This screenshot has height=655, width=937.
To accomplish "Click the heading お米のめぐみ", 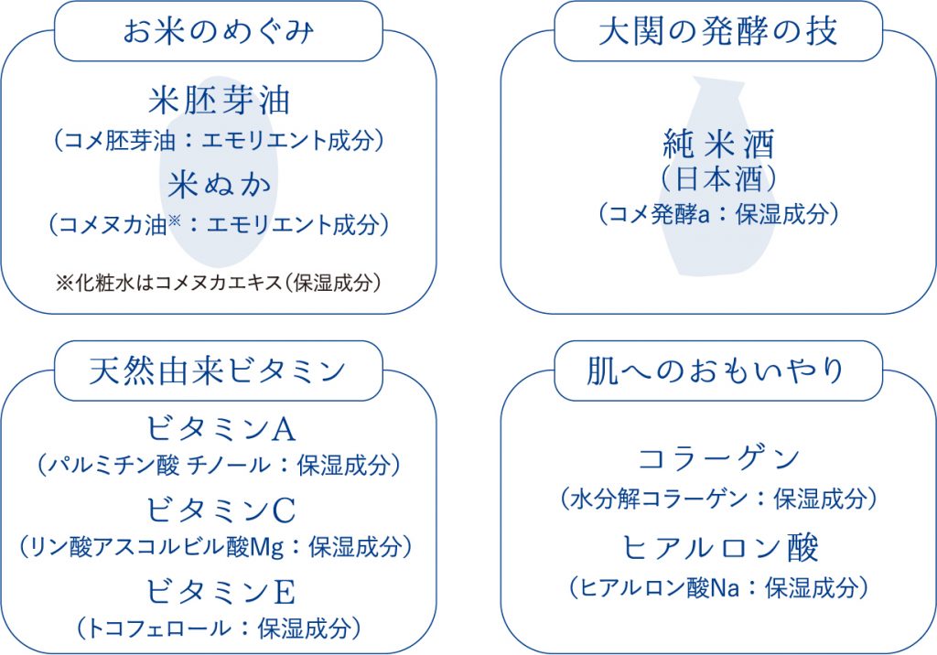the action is [218, 31].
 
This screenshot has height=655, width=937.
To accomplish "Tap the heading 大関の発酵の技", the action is [718, 31].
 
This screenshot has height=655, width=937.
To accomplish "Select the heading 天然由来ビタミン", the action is [218, 370].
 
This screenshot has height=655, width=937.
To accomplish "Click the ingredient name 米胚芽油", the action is [220, 100].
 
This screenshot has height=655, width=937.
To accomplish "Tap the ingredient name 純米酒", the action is [719, 144].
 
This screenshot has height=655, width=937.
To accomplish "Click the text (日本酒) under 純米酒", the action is [719, 178].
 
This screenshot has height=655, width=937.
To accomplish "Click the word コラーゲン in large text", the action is [719, 457].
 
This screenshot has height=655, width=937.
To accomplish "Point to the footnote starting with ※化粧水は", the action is [218, 283].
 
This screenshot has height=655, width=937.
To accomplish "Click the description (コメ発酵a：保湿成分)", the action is [719, 214].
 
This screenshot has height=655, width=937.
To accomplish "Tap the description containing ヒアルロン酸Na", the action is [719, 588].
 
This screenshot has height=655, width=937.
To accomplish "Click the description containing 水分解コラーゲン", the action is [719, 499].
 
